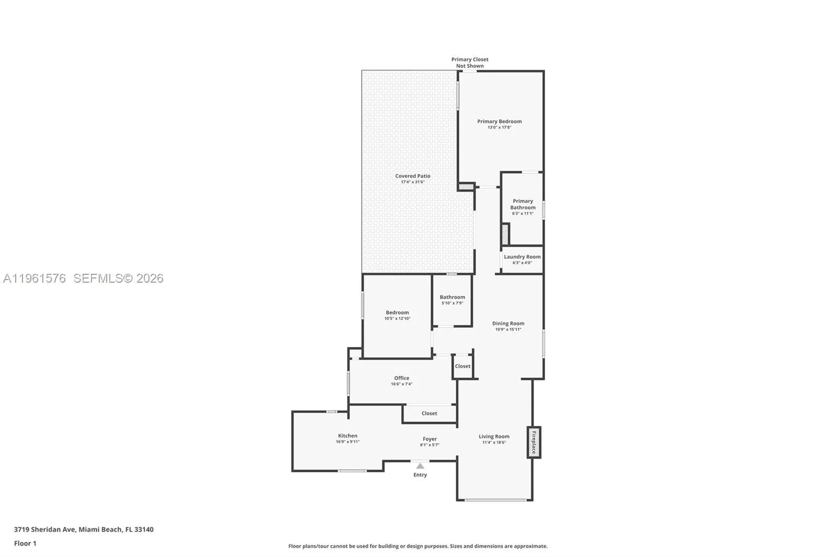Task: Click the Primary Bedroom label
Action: coord(499,121)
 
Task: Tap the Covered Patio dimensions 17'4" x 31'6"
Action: coord(412,182)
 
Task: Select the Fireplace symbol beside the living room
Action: coord(533,442)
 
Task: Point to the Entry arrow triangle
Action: coord(420,466)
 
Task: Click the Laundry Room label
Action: coord(522,257)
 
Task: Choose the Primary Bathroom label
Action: coord(522,204)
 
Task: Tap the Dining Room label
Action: coord(508,323)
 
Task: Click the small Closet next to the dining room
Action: coord(462,366)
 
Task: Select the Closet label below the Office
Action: coord(429,413)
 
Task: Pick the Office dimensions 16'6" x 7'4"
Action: coord(401,384)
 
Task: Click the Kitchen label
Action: coord(347,436)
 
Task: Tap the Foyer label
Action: coord(429,439)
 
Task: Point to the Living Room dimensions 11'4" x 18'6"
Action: coord(494,443)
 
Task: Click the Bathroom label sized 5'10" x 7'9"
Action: coord(452,297)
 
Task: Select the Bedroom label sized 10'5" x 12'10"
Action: coord(397,312)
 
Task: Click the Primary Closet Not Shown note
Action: coord(470,63)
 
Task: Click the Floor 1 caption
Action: coord(25,543)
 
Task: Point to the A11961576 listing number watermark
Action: coord(34,278)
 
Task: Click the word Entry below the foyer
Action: coord(420,475)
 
